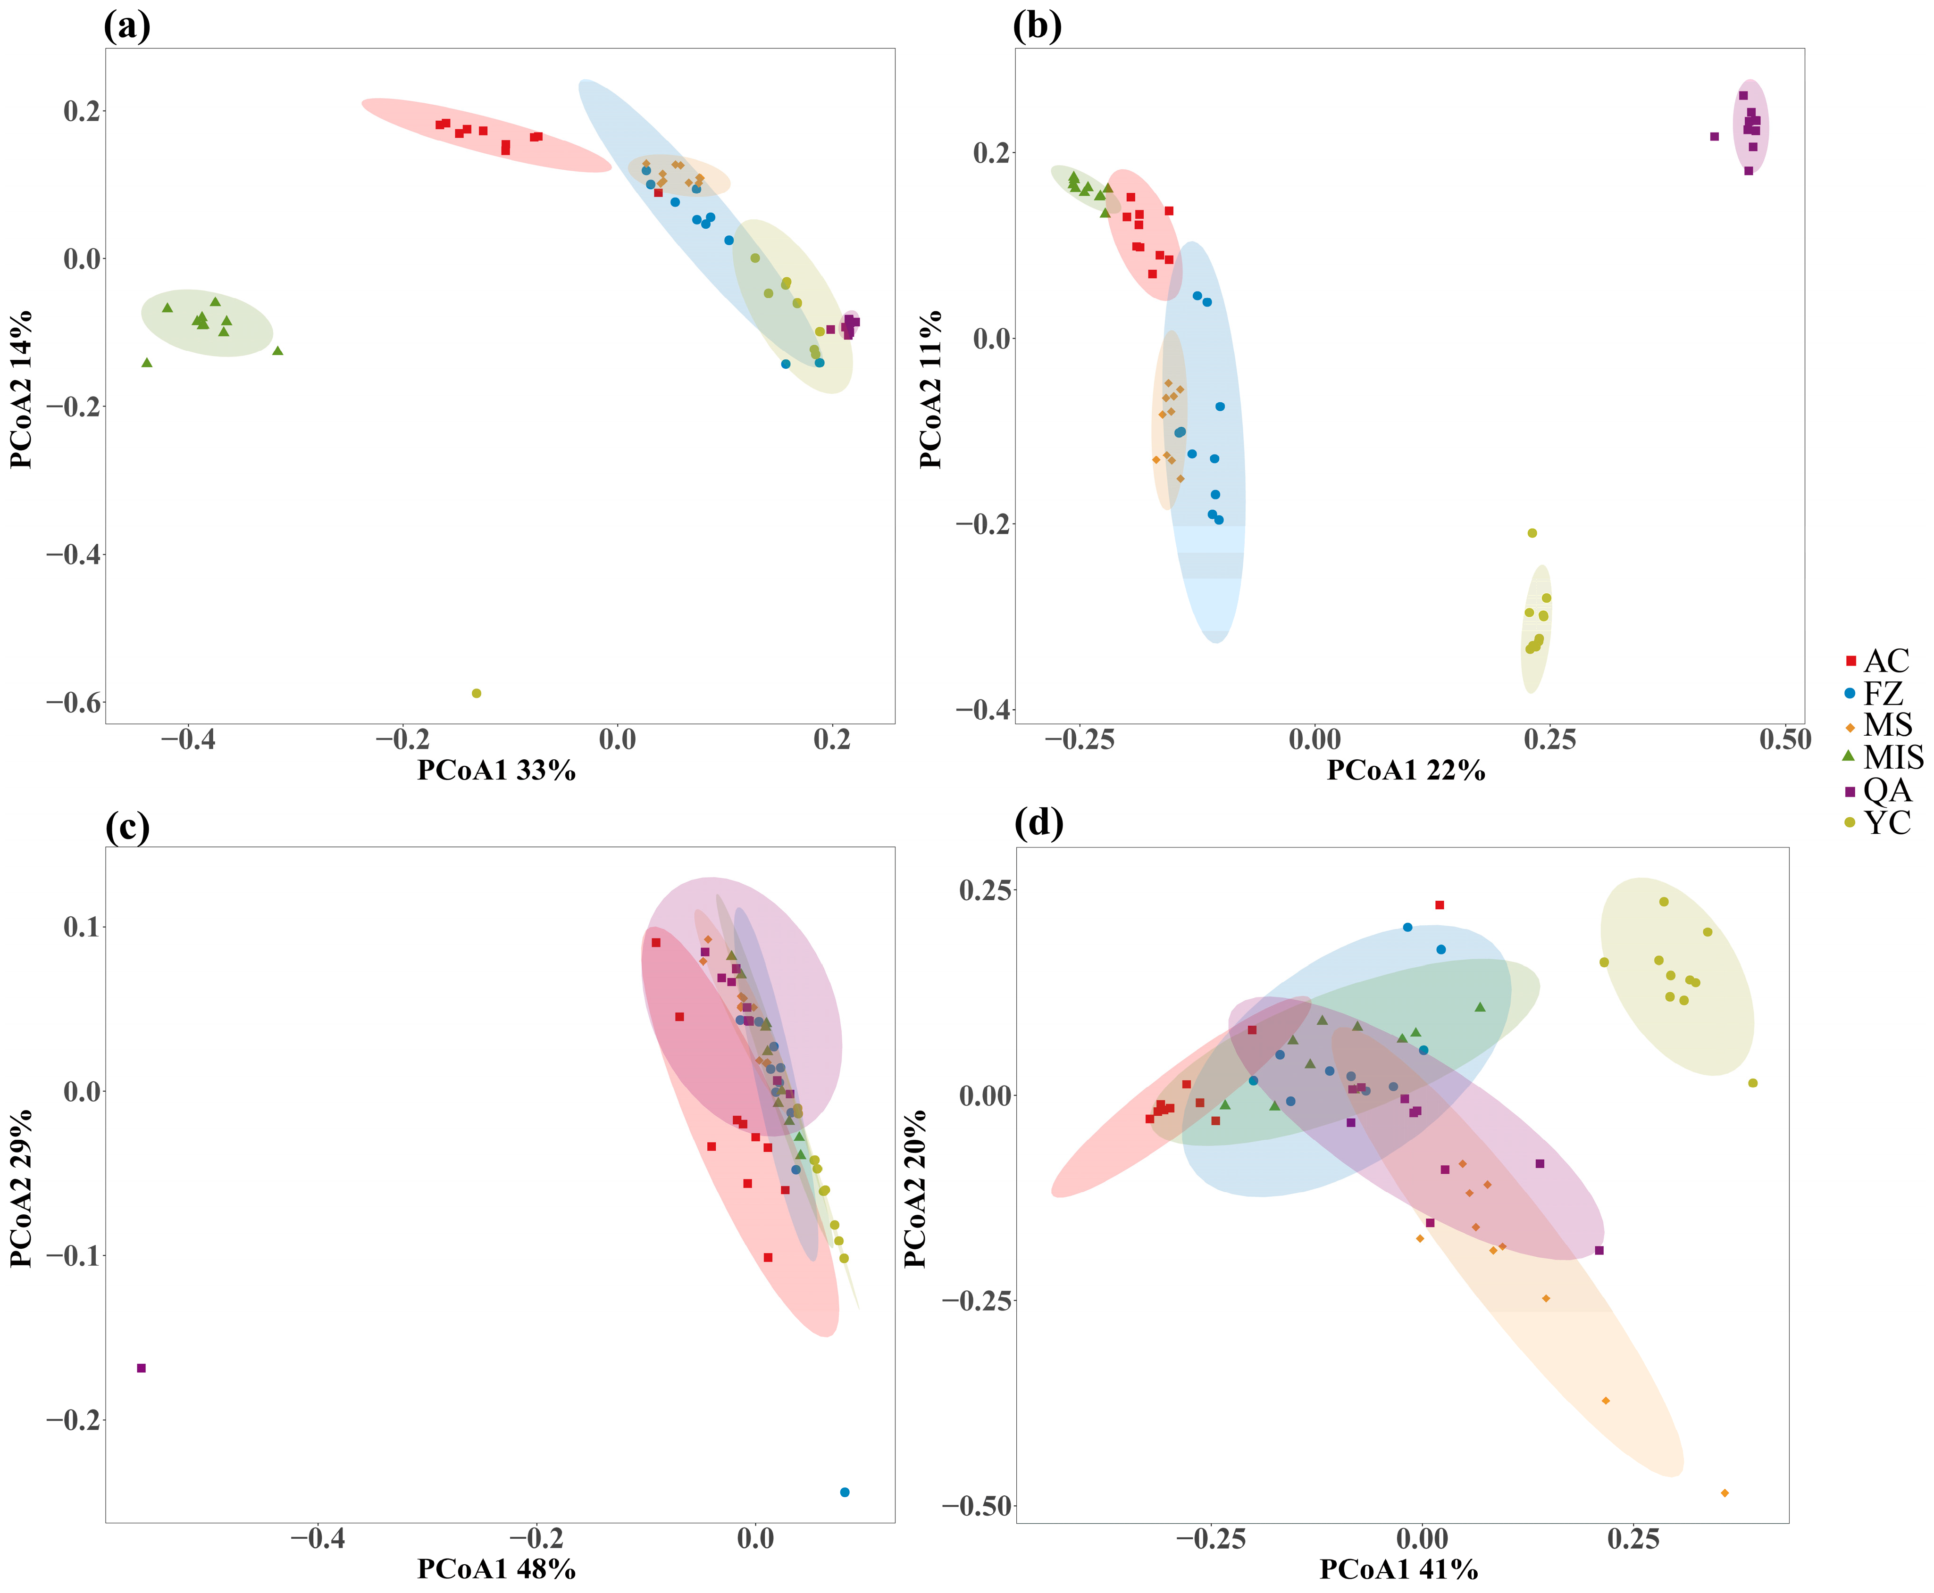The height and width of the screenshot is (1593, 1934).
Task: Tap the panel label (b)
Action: click(1037, 25)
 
